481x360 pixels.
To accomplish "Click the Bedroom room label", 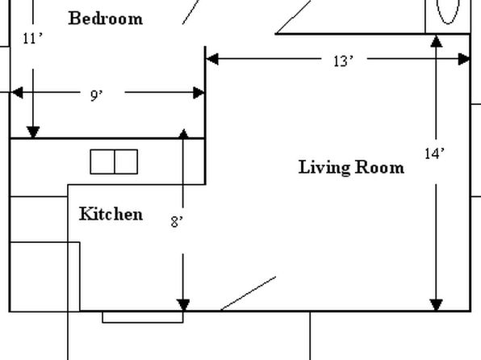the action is coord(106,19).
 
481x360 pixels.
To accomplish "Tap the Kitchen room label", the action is coord(111,214).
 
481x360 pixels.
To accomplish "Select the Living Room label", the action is coord(351,168).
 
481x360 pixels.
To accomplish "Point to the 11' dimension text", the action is coord(32,39).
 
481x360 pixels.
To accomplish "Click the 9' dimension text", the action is coord(96,96).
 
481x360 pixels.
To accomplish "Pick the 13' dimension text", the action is coord(343,61).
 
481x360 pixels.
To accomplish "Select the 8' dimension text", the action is coord(177,222).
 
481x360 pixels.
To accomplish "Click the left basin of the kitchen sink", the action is coord(102,161).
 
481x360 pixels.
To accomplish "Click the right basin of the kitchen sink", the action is coord(126,161).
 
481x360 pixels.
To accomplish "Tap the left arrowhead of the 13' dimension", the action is coord(212,59).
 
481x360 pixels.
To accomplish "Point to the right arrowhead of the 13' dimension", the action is coord(464,59).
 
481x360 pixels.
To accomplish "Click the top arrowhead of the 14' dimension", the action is coord(437,41).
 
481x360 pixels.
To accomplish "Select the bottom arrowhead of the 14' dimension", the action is coord(437,305).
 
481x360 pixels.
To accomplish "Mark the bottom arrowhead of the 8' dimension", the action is coord(183,305).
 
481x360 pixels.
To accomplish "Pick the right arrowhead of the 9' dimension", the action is coord(199,93).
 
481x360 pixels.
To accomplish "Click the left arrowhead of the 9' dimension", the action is coord(17,92).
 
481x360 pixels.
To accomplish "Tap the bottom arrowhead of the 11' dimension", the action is coord(33,132).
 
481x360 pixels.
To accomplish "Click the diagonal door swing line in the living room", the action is coord(249,293).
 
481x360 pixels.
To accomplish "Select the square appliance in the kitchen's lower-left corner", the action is coord(45,277).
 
